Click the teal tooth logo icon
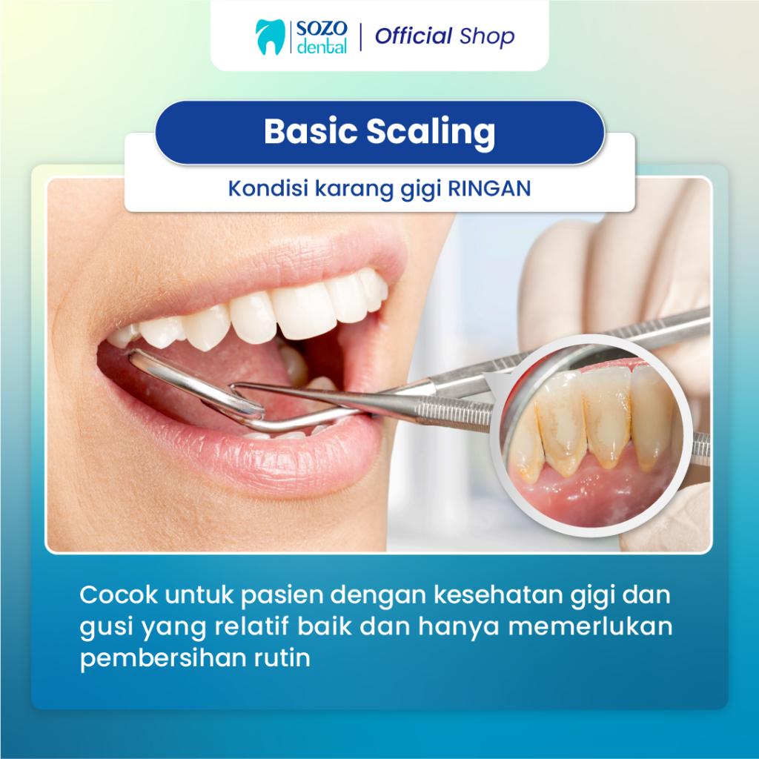270,37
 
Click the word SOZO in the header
322,29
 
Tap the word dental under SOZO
322,47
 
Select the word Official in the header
414,36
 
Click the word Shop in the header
487,37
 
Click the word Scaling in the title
431,133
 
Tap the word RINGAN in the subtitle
489,188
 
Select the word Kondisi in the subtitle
268,188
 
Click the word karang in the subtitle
354,190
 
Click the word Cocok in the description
119,594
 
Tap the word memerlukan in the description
590,626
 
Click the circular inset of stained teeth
591,435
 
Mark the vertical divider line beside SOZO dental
361,37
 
